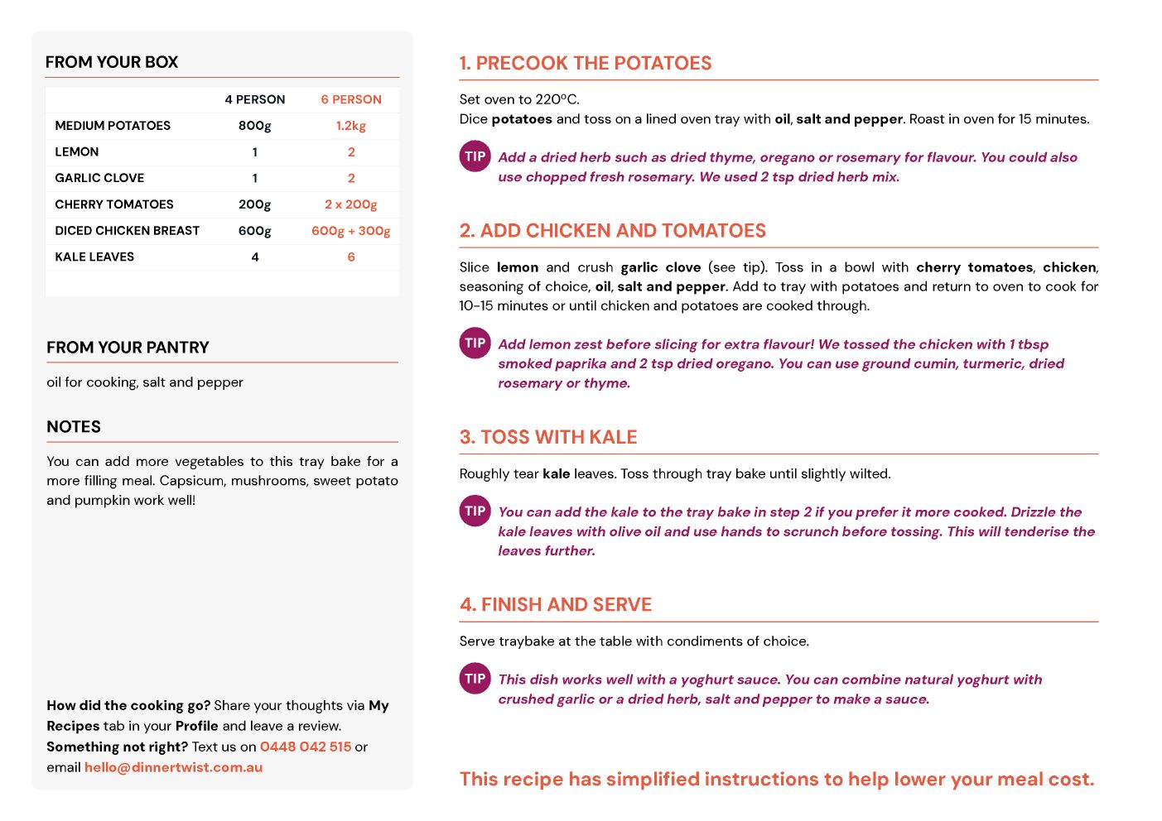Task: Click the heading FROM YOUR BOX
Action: click(112, 62)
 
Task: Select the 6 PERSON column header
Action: click(351, 99)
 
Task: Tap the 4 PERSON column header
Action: click(255, 99)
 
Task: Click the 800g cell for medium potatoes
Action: click(255, 126)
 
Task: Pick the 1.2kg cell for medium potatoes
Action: click(351, 126)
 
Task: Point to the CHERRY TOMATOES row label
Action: click(114, 204)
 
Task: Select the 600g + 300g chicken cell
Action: click(351, 231)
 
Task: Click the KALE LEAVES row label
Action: click(94, 257)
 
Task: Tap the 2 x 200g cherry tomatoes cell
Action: click(351, 204)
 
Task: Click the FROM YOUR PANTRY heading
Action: click(128, 348)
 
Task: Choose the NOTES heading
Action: click(74, 427)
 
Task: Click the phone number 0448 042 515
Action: click(306, 747)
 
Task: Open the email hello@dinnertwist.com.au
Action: click(173, 767)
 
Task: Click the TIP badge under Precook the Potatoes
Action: click(475, 156)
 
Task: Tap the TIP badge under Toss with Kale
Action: click(475, 511)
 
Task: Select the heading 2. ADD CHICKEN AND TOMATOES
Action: click(613, 231)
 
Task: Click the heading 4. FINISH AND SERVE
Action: click(556, 605)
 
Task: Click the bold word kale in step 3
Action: click(556, 474)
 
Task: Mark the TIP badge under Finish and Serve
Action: click(475, 679)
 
